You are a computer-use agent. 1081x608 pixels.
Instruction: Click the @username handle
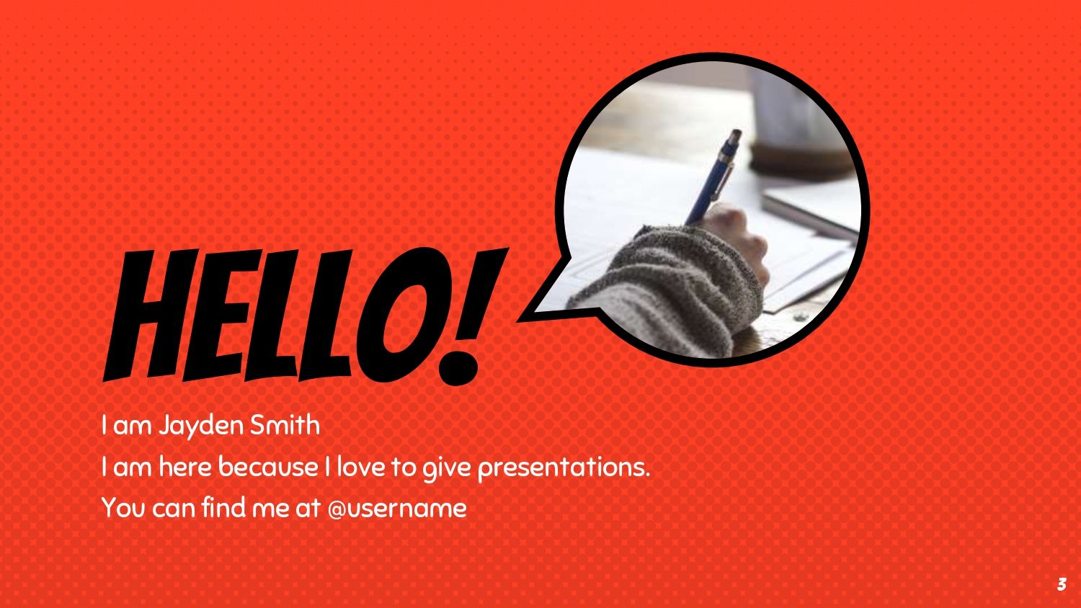pos(397,509)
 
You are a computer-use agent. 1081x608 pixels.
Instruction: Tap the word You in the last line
pos(123,508)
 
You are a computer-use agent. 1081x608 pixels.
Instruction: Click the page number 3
pos(1062,584)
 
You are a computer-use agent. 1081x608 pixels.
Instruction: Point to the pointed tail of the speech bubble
pos(520,319)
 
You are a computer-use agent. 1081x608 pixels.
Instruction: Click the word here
pos(185,467)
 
